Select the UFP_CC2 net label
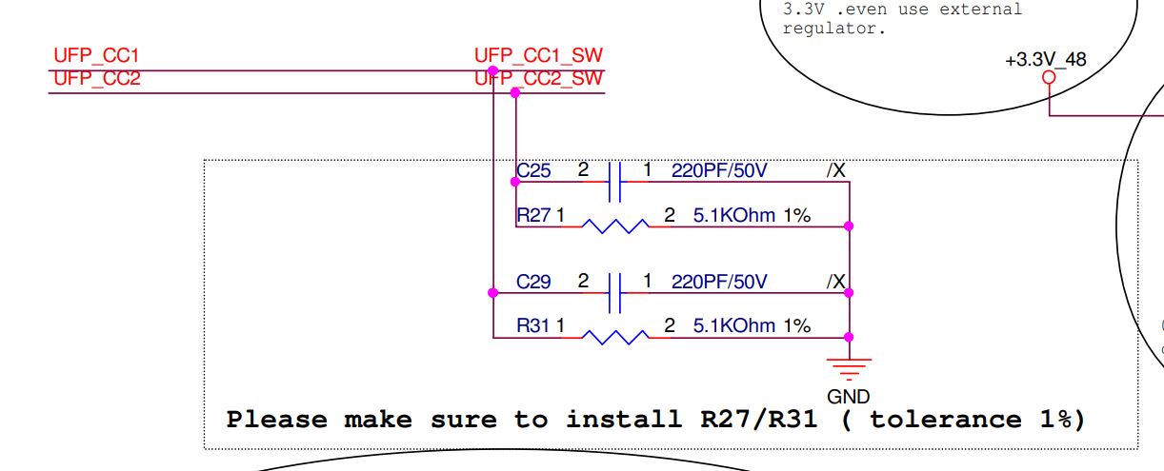tap(97, 79)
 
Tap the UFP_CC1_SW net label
tap(539, 56)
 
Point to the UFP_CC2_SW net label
tap(539, 79)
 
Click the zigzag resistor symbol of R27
tap(614, 226)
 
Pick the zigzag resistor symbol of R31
tap(614, 336)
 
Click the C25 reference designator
tap(533, 171)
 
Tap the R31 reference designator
tap(533, 326)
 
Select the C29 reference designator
tap(533, 283)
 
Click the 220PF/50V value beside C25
tap(719, 171)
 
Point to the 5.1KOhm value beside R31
tap(734, 326)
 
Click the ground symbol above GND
tap(848, 365)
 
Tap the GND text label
tap(848, 397)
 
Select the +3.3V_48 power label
tap(1045, 60)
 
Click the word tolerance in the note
tap(941, 420)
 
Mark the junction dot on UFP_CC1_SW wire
tap(492, 70)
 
